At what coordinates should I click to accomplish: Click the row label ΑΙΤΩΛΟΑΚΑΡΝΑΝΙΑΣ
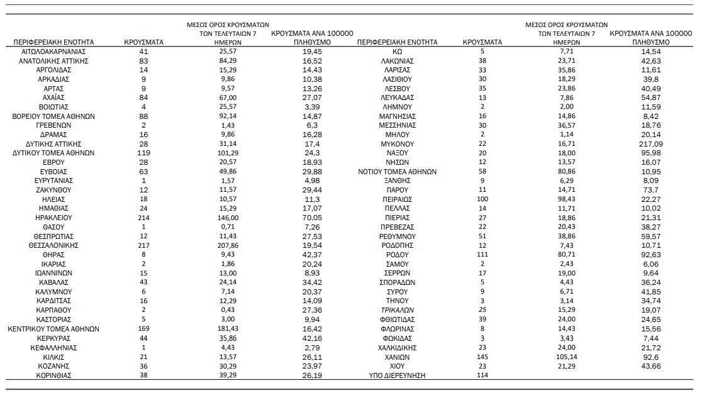click(53, 52)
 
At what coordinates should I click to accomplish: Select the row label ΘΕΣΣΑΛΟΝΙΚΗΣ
click(53, 246)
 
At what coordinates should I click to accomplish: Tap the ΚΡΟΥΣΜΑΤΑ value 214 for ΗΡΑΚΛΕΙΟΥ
click(143, 218)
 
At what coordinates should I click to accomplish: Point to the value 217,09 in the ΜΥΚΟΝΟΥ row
click(651, 144)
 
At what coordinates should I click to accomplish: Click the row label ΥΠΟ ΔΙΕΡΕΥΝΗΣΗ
click(397, 375)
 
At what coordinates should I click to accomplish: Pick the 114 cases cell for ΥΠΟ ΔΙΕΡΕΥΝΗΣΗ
click(482, 375)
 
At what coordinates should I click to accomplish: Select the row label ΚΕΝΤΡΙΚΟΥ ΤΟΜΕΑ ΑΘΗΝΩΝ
click(53, 330)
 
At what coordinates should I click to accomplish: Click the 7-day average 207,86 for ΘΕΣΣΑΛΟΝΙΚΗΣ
click(228, 245)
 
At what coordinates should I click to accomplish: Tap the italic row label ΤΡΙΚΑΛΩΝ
click(397, 311)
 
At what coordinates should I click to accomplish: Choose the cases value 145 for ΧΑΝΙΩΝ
click(482, 357)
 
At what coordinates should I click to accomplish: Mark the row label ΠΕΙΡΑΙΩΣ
click(397, 199)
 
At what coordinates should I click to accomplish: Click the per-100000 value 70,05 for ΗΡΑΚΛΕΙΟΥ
click(312, 218)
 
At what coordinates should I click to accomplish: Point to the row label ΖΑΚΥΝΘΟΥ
click(53, 191)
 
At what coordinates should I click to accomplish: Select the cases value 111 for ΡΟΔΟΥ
click(482, 255)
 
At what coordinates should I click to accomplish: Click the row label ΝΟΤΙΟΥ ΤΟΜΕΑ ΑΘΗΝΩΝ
click(397, 172)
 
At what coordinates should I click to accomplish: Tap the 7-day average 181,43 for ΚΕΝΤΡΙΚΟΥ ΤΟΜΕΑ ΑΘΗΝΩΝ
click(228, 329)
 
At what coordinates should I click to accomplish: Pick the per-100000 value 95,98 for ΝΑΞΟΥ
click(651, 153)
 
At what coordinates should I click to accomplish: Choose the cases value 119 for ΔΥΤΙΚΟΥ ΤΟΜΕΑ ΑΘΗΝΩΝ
click(143, 153)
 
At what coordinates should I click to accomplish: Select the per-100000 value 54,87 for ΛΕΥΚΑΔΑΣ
click(651, 98)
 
